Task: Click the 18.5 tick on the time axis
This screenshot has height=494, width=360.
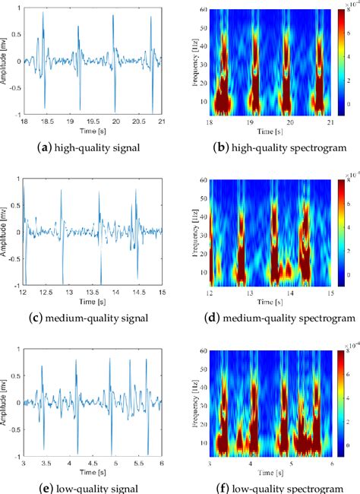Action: coord(46,120)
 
